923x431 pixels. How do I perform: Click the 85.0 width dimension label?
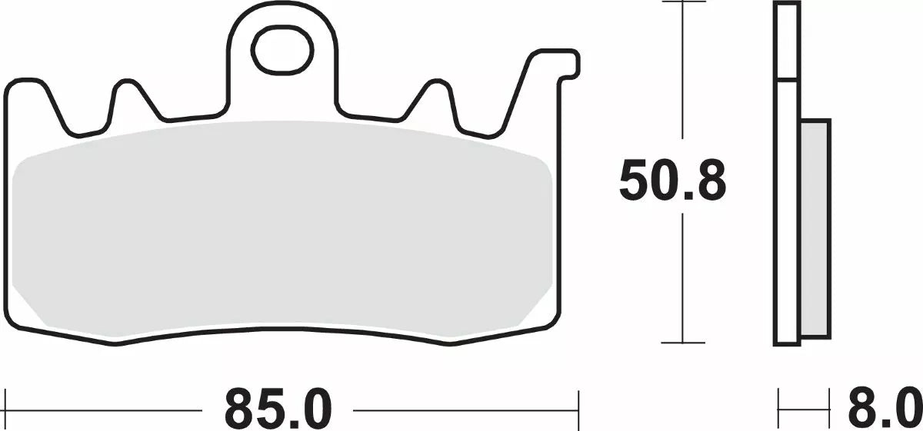278,410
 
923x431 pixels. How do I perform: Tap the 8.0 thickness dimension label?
885,410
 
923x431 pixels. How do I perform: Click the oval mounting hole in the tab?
282,50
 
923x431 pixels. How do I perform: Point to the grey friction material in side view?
815,229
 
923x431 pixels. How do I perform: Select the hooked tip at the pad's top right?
571,65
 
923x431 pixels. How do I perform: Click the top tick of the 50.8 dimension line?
683,2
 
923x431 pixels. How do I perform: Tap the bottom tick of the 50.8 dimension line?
683,343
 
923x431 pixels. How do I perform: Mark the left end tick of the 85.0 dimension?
5,409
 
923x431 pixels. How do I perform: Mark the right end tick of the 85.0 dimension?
578,409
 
